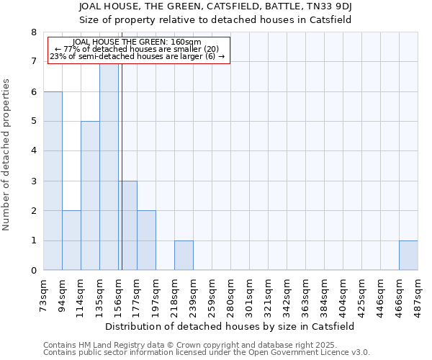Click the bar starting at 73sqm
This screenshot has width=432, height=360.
(x=53, y=181)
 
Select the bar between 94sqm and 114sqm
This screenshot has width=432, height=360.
(x=71, y=240)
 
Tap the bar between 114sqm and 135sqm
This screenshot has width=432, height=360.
(x=90, y=196)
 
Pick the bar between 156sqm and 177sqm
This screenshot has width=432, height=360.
(x=127, y=225)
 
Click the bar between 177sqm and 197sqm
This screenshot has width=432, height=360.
(x=146, y=240)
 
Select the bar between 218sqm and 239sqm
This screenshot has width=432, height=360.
(x=184, y=256)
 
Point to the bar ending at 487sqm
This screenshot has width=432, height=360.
(x=408, y=256)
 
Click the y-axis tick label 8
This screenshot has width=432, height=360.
(x=34, y=32)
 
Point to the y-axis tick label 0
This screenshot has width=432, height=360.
(x=34, y=271)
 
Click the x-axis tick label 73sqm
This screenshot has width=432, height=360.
(x=43, y=292)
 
